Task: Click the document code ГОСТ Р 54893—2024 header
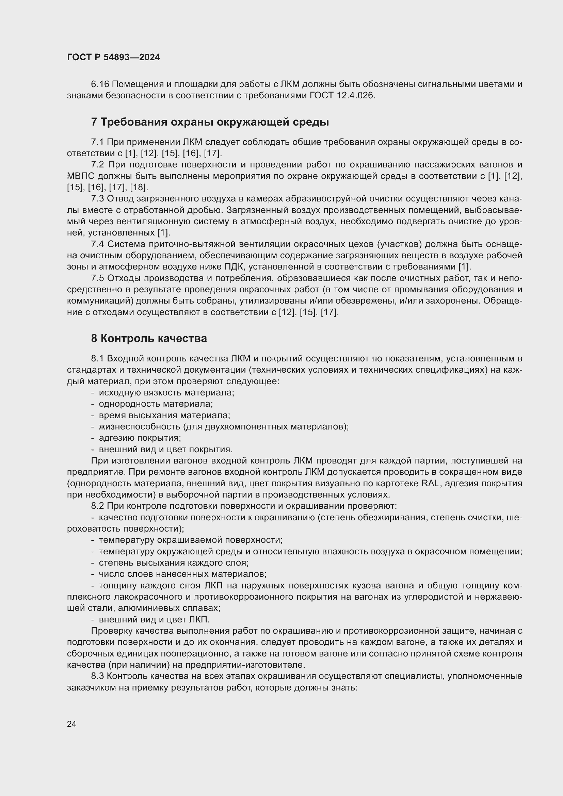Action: click(113, 57)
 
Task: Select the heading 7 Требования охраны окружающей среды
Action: click(210, 122)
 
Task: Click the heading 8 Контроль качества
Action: click(149, 338)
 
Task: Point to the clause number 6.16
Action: click(100, 84)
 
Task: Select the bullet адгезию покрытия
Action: click(140, 438)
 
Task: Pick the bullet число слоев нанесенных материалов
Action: click(183, 574)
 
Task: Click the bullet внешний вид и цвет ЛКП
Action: click(154, 619)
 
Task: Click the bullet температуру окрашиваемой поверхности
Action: click(191, 540)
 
